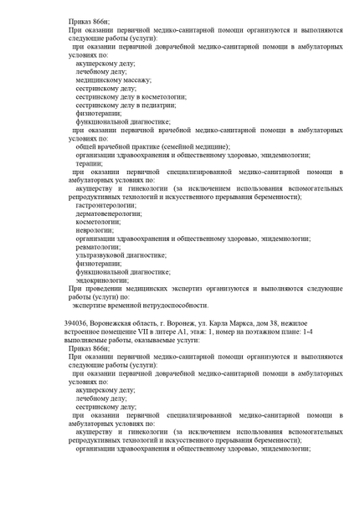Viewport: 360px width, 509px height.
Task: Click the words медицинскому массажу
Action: pyautogui.click(x=113, y=80)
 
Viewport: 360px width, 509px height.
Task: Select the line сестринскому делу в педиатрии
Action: pyautogui.click(x=125, y=106)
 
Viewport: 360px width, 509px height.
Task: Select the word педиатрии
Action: pyautogui.click(x=160, y=106)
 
